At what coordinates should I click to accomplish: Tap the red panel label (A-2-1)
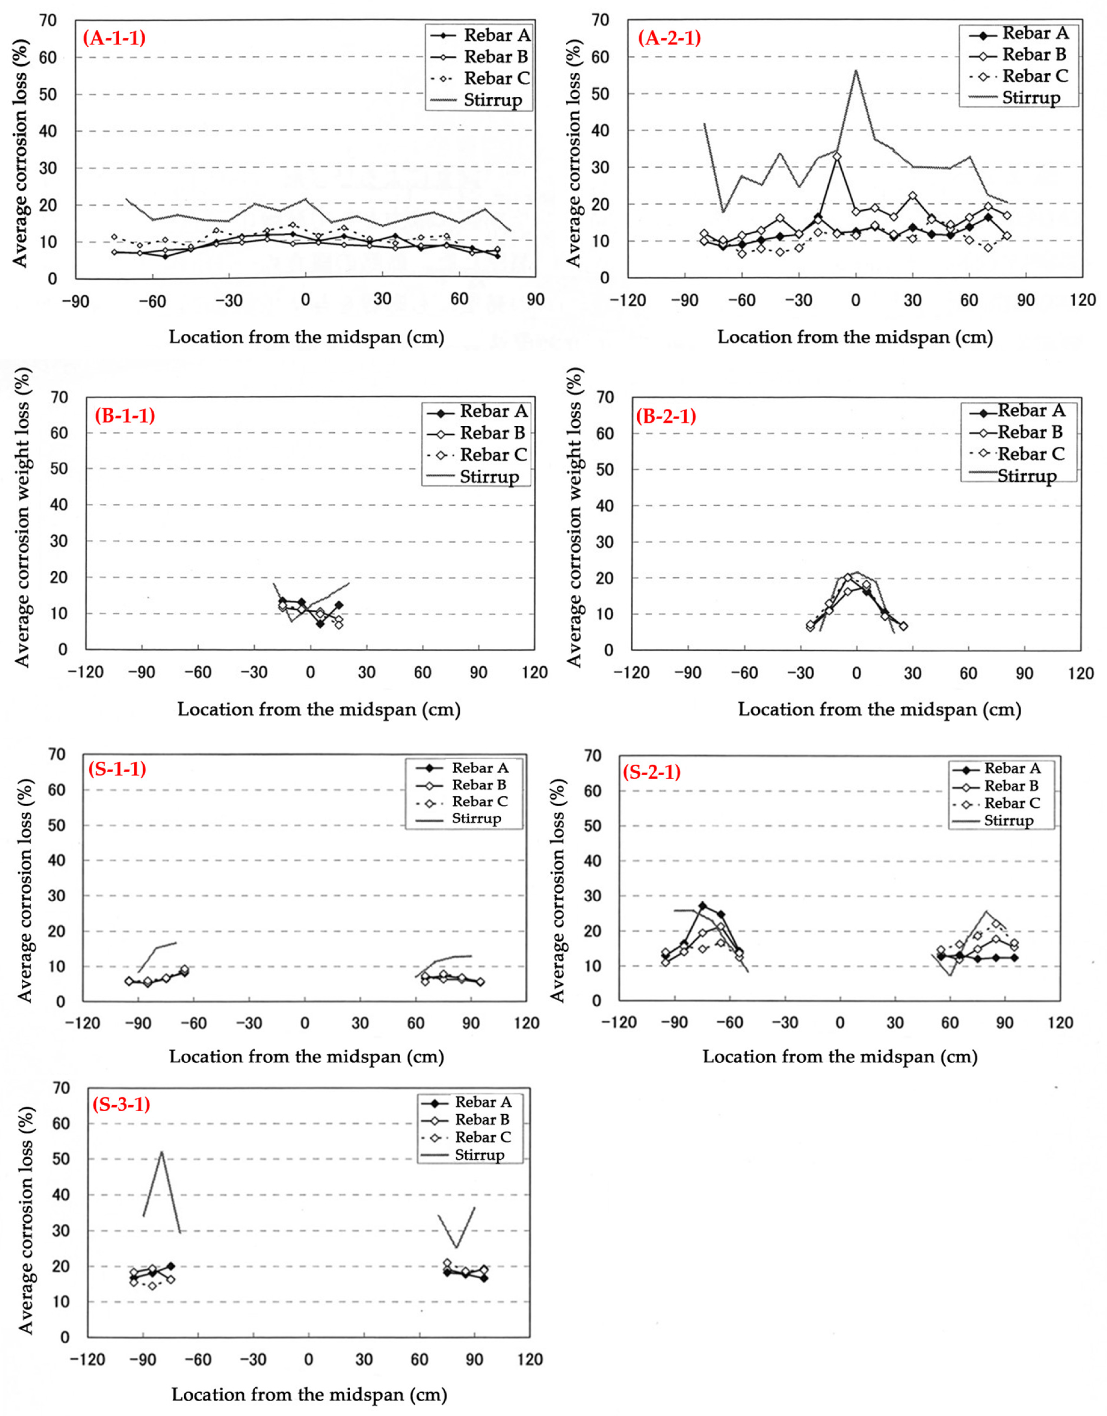(670, 37)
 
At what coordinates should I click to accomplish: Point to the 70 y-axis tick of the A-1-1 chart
(49, 21)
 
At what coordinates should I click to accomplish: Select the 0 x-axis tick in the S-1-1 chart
(305, 1024)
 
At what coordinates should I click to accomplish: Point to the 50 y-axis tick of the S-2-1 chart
(593, 826)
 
